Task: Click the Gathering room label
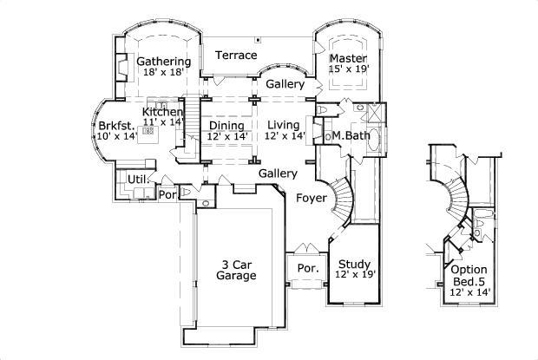click(x=163, y=62)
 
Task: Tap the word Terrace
click(x=236, y=56)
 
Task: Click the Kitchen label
click(x=163, y=113)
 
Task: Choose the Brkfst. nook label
click(x=114, y=125)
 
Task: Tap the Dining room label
click(x=227, y=126)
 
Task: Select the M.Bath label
click(x=347, y=136)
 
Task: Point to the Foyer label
click(x=311, y=199)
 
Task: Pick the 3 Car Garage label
click(x=236, y=269)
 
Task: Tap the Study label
click(x=354, y=265)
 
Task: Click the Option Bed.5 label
click(x=469, y=275)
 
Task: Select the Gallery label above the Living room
click(x=285, y=84)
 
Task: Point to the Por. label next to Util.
click(x=166, y=194)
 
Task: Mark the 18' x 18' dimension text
click(x=163, y=73)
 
